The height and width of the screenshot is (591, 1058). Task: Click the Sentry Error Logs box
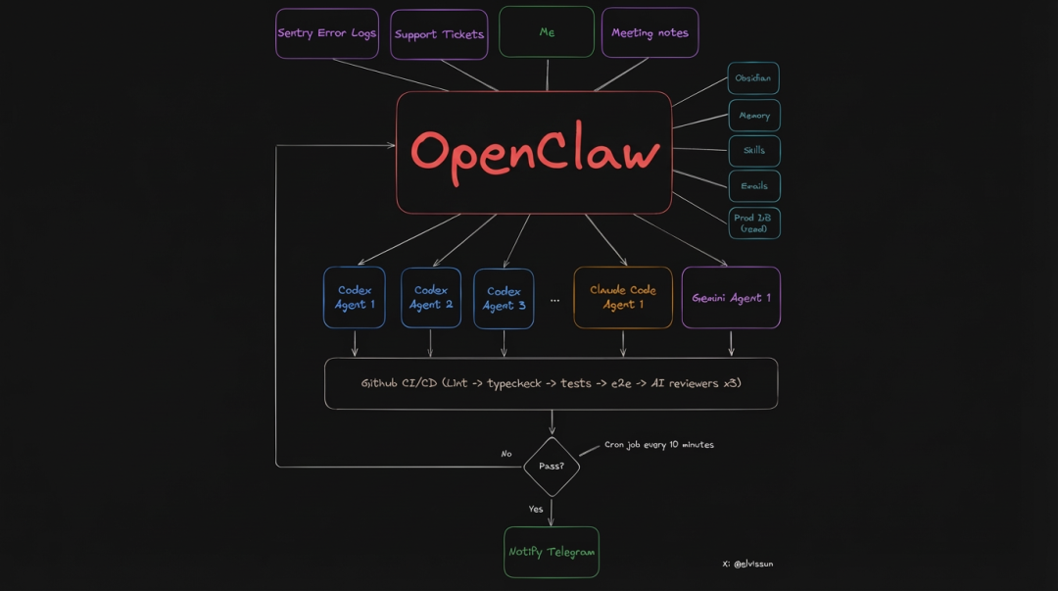point(327,33)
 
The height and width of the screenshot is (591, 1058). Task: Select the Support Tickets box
point(439,34)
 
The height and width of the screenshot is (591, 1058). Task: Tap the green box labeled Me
point(547,32)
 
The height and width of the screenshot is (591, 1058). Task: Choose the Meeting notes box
point(649,32)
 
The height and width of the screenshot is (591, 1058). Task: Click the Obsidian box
point(753,78)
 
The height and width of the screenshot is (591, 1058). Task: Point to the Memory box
point(754,116)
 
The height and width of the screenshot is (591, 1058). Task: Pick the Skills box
point(754,151)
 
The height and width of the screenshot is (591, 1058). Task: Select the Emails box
point(754,186)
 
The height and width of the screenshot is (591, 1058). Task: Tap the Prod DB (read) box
point(754,222)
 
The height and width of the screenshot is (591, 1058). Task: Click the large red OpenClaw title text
point(535,153)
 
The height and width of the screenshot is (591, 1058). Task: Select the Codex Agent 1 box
point(355,298)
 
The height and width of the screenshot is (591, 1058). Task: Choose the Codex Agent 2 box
point(431,298)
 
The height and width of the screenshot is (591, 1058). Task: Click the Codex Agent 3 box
point(504,298)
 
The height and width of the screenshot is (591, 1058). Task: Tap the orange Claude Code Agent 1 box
point(623,297)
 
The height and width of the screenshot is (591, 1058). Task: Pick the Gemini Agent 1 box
point(731,298)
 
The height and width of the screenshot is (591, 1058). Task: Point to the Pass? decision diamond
point(552,467)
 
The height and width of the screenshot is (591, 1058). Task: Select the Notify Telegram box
point(552,552)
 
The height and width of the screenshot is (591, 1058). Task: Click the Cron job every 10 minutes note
point(658,445)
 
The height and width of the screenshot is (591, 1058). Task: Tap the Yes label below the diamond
point(536,509)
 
